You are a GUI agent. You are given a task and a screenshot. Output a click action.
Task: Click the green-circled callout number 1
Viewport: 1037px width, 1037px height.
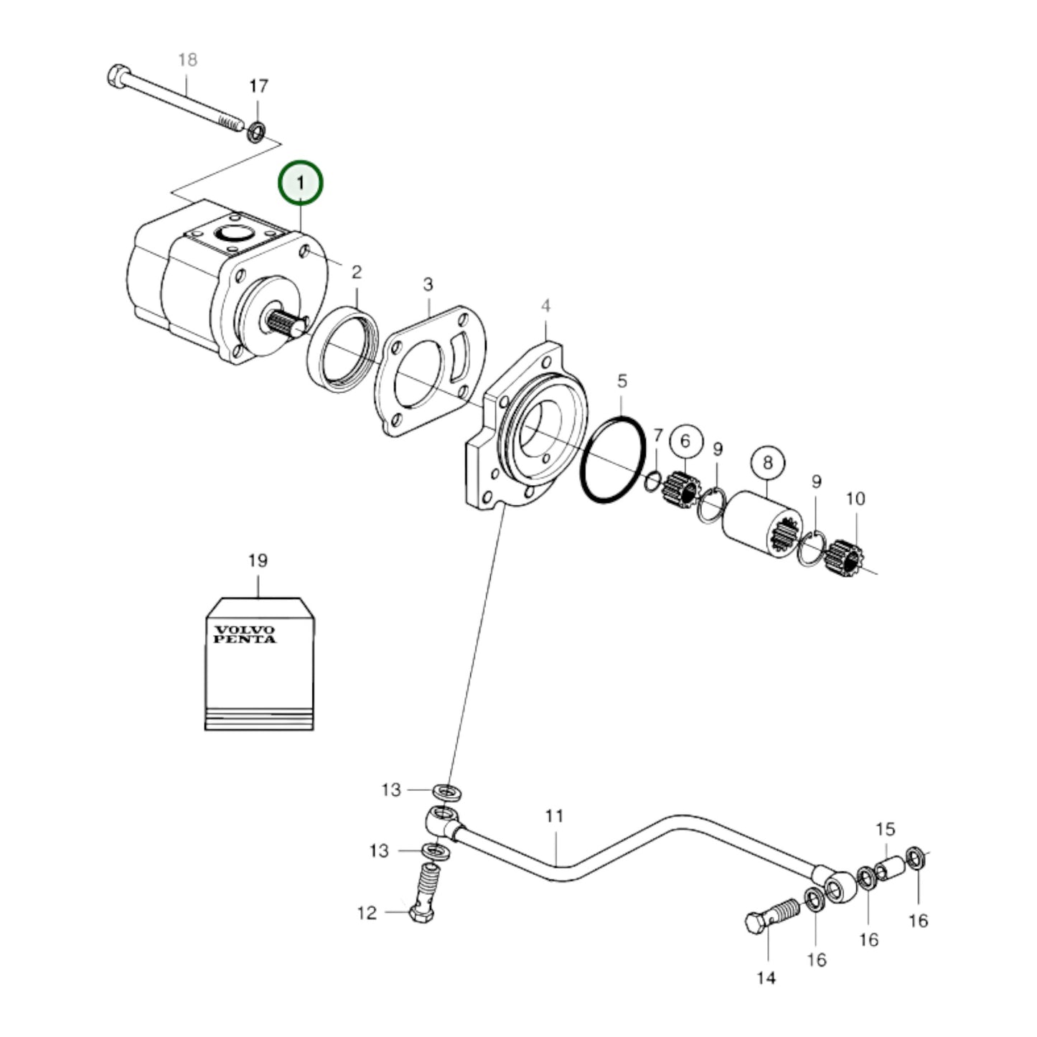301,183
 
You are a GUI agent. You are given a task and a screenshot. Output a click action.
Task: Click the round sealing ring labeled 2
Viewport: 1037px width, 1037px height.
342,349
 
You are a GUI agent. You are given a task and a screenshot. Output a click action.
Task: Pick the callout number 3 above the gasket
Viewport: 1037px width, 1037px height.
428,284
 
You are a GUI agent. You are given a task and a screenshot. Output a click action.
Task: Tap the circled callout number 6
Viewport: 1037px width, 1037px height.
685,440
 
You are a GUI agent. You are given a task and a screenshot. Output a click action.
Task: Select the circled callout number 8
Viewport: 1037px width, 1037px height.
767,463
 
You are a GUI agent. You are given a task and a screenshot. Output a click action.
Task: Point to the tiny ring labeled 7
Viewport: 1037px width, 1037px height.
652,482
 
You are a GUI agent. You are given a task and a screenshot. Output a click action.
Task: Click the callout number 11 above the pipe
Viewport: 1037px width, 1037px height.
554,816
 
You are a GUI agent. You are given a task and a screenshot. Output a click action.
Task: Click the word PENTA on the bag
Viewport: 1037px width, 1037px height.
245,639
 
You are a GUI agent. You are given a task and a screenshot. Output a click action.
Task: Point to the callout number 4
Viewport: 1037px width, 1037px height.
545,306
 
